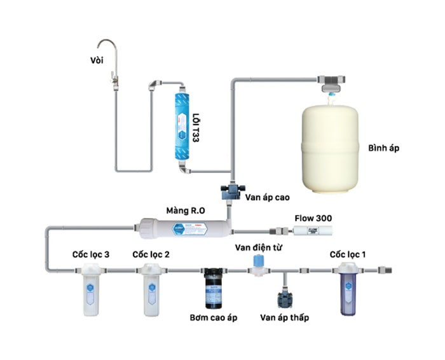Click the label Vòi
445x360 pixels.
pos(97,60)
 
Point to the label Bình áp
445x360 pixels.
pos(383,149)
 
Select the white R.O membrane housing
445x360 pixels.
pos(180,226)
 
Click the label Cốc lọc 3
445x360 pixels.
pos(90,254)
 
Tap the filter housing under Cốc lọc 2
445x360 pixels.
pos(151,291)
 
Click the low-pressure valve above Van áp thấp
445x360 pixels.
pos(284,298)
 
